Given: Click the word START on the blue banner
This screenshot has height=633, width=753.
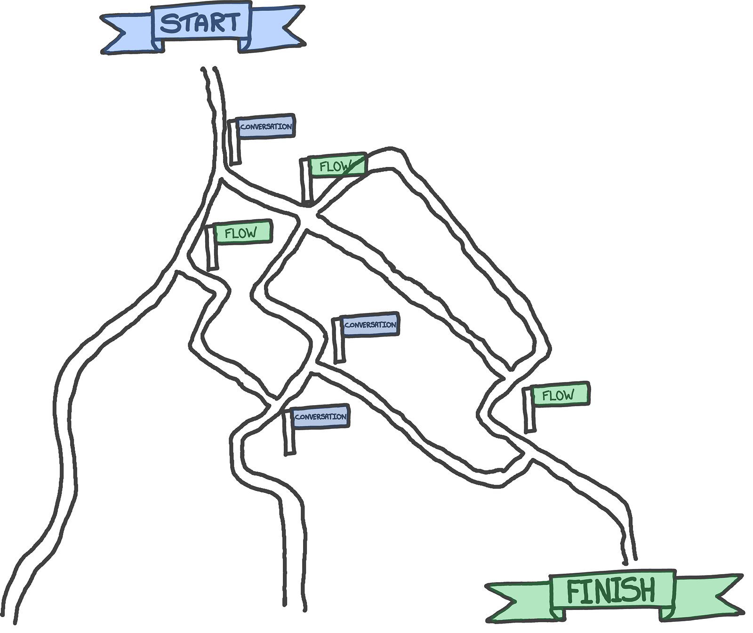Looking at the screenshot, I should [200, 23].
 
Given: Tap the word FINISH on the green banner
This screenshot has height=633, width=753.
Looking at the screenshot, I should [611, 591].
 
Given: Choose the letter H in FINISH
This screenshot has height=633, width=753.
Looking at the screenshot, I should [645, 591].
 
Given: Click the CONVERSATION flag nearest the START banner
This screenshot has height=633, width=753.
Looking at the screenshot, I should [265, 127].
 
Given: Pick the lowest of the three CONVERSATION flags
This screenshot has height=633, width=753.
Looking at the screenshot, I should [320, 417].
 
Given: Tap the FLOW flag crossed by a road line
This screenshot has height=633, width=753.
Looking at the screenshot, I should [336, 166].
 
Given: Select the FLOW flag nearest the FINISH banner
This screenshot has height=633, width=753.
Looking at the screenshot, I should [559, 394].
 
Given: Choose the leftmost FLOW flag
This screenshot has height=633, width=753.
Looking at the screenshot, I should [242, 232].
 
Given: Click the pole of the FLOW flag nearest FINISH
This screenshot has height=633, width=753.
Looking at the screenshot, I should [529, 412].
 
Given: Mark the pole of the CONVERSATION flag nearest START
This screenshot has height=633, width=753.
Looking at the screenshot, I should [234, 144].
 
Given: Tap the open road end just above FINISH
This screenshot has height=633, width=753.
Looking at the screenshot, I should [630, 560].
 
